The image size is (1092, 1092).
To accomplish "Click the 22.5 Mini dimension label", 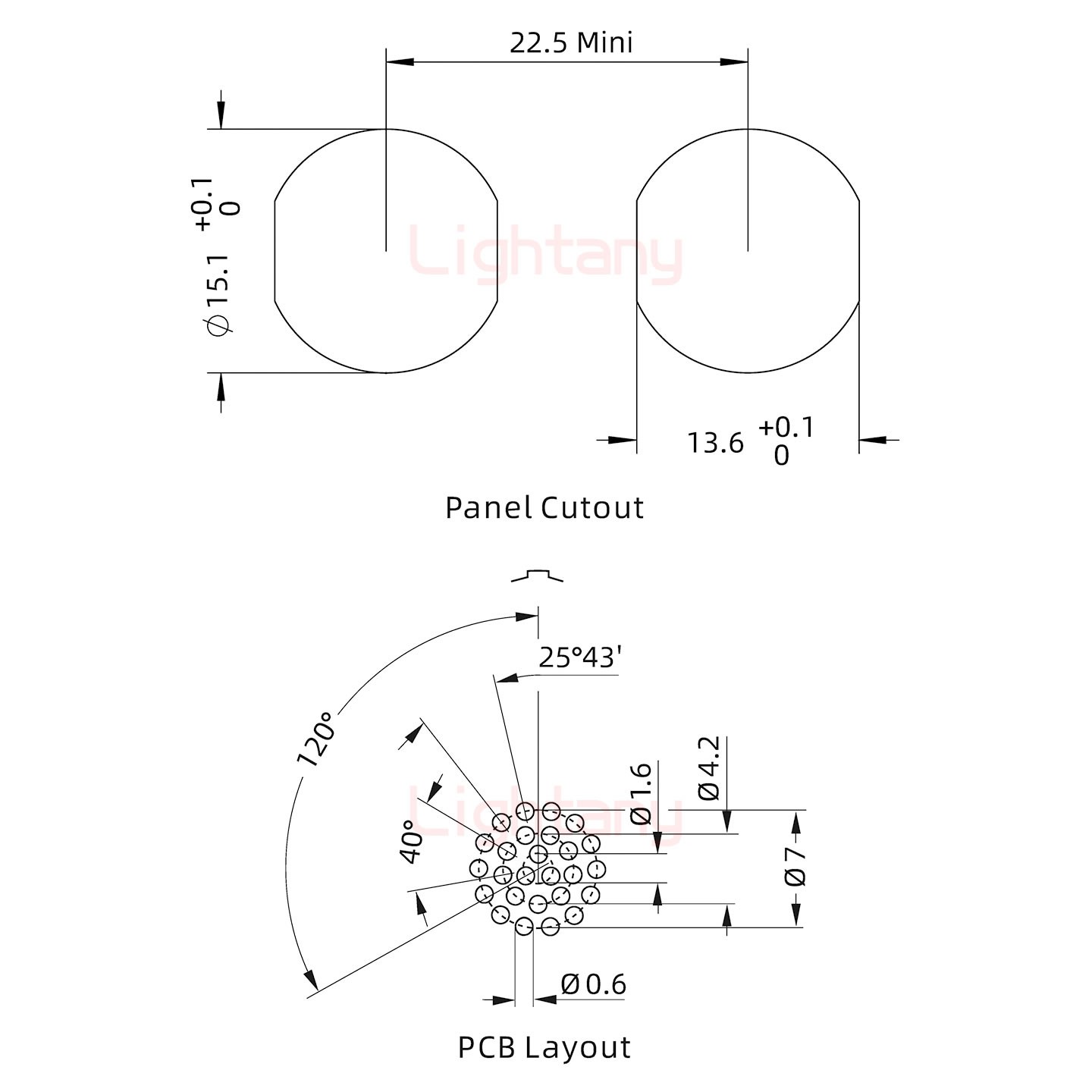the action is click(x=571, y=42).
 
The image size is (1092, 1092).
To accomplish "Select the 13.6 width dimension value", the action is click(x=715, y=443).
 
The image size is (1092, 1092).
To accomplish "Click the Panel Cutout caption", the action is click(x=544, y=507).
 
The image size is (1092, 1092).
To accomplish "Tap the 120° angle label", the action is click(x=315, y=739).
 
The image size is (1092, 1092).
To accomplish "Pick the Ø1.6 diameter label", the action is click(x=642, y=792).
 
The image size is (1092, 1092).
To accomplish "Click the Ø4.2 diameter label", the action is click(x=710, y=768).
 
